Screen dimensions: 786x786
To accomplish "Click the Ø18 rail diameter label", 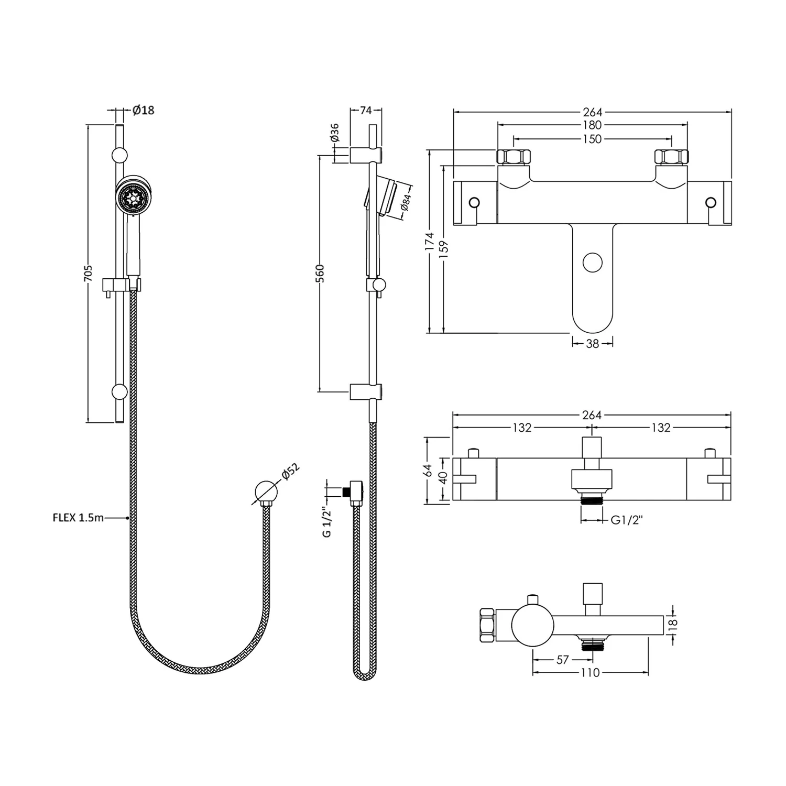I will (143, 110).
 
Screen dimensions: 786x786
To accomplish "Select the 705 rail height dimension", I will (89, 274).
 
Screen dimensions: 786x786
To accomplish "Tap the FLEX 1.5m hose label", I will (78, 518).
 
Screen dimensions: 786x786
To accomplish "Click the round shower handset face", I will (132, 195).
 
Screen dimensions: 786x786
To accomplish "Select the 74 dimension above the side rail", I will (366, 110).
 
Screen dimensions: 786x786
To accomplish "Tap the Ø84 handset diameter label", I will (406, 202).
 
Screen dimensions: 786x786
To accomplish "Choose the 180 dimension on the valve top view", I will (592, 125).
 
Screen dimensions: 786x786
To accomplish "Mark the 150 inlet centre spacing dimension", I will (592, 139).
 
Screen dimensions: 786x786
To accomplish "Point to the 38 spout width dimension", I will (592, 344).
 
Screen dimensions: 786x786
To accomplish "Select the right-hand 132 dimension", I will (661, 428).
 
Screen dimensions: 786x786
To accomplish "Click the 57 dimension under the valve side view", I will (562, 660).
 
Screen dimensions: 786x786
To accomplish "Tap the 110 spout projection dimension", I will (590, 673).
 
